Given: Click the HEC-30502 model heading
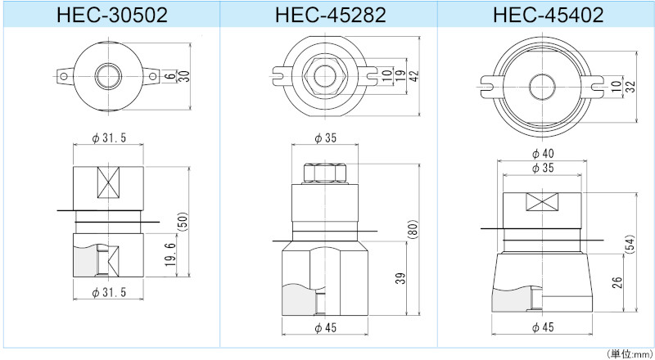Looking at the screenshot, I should point(109,14).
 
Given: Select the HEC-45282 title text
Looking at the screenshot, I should point(326,14).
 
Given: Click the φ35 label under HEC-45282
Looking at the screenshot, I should point(326,138).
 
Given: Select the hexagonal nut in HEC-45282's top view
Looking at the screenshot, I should point(327,76).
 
